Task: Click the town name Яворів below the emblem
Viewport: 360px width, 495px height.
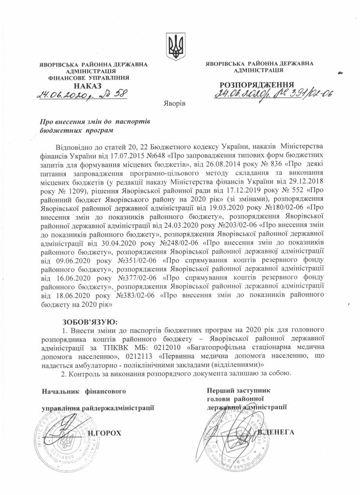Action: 175,104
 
